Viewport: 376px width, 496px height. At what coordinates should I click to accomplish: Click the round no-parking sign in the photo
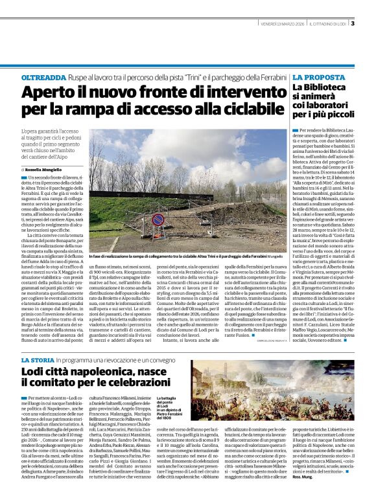(158, 220)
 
